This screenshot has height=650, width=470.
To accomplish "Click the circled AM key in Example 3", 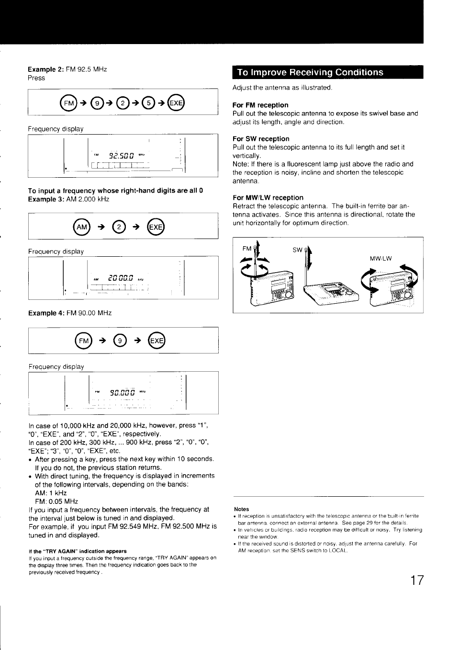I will [x=81, y=227].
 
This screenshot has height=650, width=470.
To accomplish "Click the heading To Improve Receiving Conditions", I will [x=310, y=72].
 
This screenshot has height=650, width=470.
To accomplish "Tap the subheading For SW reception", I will [x=261, y=139].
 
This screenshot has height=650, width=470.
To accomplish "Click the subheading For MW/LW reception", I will [x=268, y=197].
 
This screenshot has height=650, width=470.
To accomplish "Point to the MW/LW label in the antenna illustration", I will [x=380, y=259].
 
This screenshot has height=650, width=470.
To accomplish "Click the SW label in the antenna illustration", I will [x=297, y=250].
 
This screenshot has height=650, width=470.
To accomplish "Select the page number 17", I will [x=417, y=580].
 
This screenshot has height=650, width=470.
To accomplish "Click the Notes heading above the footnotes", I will [x=242, y=509].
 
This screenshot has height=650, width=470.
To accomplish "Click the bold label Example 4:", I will [x=46, y=313].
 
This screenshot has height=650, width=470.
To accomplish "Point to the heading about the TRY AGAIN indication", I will [x=78, y=551].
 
